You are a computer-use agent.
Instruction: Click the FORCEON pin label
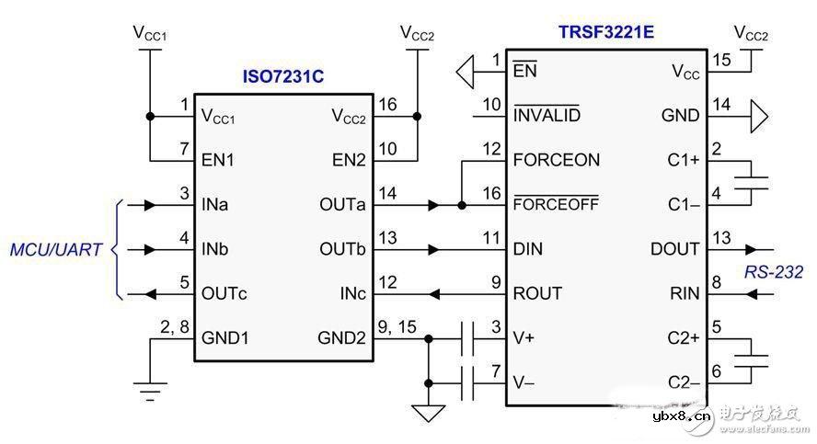pos(557,160)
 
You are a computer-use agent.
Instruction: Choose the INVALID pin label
pos(547,115)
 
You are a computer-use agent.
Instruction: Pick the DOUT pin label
pos(673,249)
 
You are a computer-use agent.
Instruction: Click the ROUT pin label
pos(537,294)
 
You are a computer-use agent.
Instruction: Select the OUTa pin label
pos(342,205)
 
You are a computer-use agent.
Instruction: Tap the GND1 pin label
pos(225,338)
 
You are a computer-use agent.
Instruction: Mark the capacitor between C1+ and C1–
pos(753,182)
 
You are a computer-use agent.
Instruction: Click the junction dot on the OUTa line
pos(460,205)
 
